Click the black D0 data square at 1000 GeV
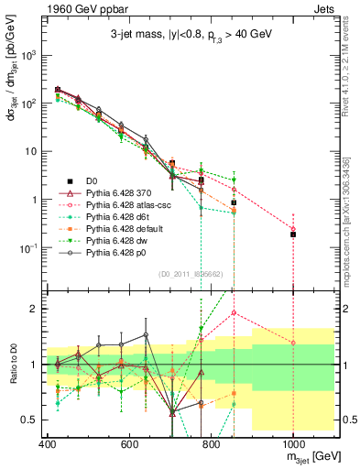[293, 234]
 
